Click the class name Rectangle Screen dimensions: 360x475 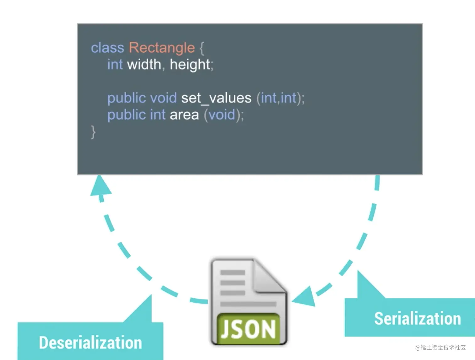161,48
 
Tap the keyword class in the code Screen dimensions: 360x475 107,48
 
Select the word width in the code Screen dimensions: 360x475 144,64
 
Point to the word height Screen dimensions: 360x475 190,64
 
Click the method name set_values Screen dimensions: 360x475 216,98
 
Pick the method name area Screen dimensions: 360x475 184,115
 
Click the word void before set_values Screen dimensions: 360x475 163,98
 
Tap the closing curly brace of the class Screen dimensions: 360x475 93,132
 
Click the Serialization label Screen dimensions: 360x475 417,319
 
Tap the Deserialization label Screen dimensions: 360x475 90,342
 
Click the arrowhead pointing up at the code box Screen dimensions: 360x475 100,186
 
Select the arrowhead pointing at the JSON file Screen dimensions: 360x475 304,297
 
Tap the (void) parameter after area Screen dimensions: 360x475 222,115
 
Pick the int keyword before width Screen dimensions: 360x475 115,64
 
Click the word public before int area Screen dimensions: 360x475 127,115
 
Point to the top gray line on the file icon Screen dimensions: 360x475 232,272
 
